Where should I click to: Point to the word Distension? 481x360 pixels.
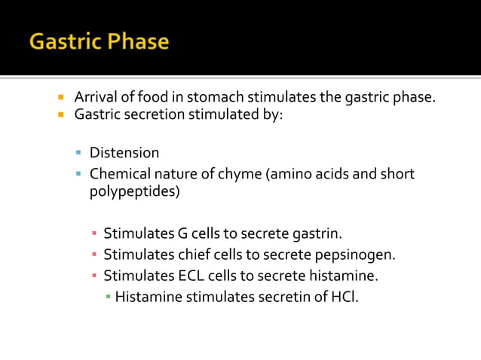tap(124, 154)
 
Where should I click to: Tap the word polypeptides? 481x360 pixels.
tap(135, 192)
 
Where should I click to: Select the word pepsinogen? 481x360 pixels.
tap(357, 254)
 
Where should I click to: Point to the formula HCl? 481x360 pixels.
tap(344, 296)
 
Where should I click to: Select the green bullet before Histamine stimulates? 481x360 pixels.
tap(108, 296)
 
